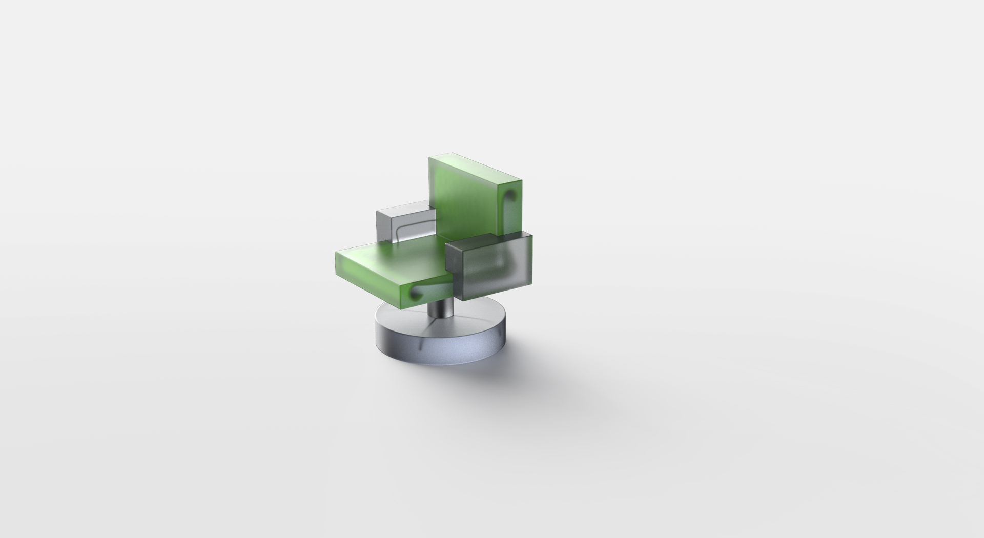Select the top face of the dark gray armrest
pos(487,240)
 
